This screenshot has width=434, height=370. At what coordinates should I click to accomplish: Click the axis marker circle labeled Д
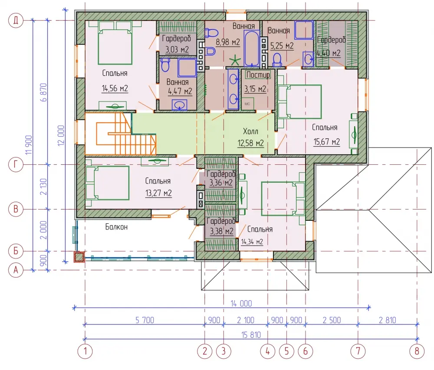[x=16, y=20]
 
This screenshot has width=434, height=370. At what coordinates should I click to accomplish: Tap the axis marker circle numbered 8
[x=417, y=351]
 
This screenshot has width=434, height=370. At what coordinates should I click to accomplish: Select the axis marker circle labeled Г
[x=16, y=164]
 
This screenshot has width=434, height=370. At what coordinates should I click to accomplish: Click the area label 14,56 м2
[x=115, y=88]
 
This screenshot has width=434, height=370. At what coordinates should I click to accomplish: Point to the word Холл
[x=250, y=131]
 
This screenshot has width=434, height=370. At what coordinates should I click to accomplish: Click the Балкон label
[x=116, y=227]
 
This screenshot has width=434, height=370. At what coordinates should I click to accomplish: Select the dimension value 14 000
[x=241, y=304]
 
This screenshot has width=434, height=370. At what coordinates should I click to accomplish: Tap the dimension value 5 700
[x=145, y=320]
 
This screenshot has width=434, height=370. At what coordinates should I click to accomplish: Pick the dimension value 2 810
[x=388, y=320]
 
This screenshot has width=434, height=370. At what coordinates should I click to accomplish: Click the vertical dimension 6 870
[x=44, y=92]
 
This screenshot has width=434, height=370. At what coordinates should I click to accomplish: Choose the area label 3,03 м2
[x=177, y=50]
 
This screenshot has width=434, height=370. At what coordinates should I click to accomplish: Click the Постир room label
[x=258, y=75]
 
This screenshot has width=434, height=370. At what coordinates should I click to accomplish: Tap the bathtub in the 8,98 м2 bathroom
[x=252, y=49]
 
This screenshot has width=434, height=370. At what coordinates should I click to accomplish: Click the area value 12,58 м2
[x=250, y=143]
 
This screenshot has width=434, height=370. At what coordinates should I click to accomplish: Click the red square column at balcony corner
[x=79, y=257]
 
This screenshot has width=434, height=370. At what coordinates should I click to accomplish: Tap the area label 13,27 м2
[x=158, y=193]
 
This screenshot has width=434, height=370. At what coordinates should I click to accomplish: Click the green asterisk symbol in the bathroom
[x=235, y=60]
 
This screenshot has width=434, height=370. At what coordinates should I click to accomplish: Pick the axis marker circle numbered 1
[x=85, y=351]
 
